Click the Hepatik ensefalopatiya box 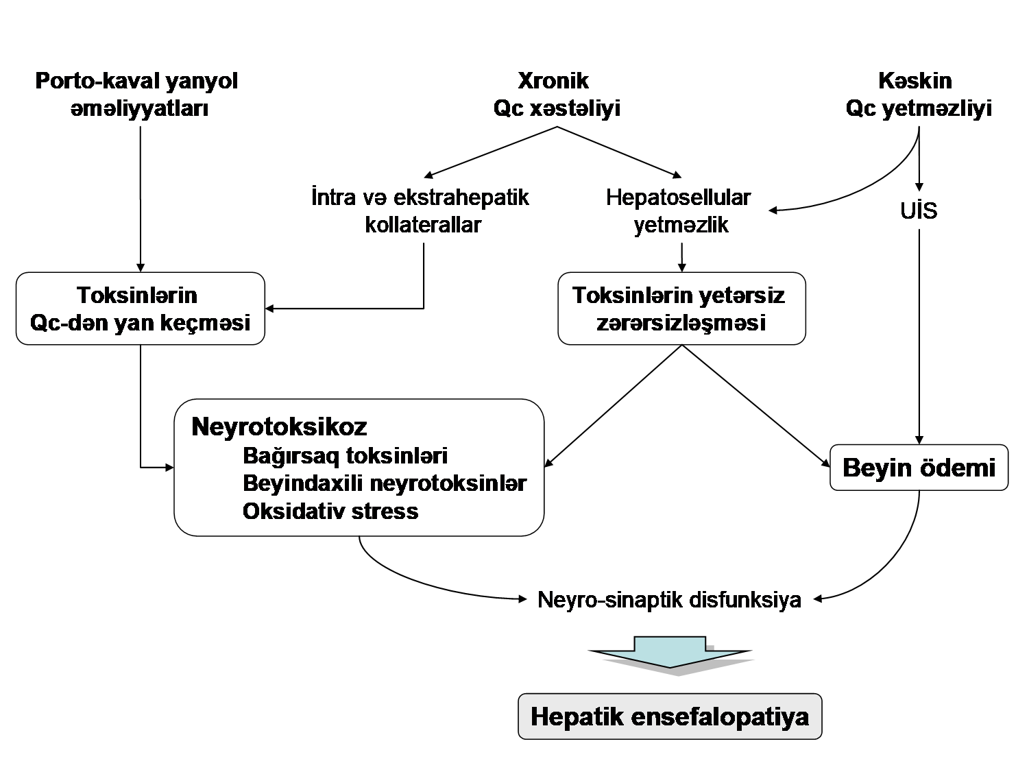point(669,716)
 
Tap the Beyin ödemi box point(919,468)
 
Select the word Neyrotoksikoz point(279,426)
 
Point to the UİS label point(919,210)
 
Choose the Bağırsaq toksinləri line point(345,456)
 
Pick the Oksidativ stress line point(330,511)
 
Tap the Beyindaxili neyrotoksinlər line point(384,483)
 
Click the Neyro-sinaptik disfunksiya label point(669,599)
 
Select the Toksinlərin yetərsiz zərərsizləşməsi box point(681,309)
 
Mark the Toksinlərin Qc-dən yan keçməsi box point(140,309)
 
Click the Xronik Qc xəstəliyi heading point(556,95)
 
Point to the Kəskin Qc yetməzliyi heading point(918,95)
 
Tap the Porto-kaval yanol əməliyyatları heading point(137,95)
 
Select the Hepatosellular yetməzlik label point(679,211)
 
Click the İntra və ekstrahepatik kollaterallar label point(421,211)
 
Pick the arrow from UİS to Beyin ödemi point(919,336)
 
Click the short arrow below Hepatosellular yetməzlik point(681,258)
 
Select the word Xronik point(553,80)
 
